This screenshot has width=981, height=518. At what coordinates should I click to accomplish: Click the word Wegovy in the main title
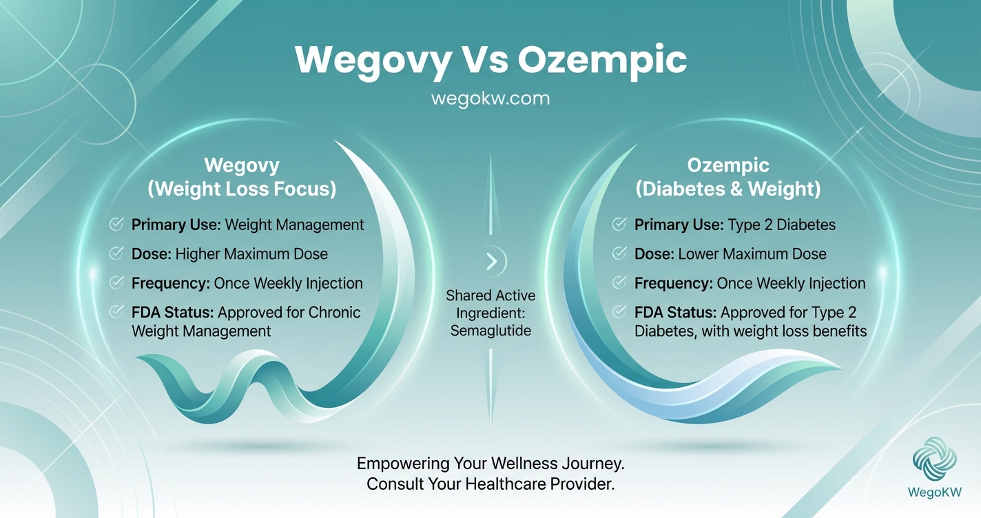pos(371,61)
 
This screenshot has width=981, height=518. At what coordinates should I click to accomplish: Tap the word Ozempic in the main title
pos(602,61)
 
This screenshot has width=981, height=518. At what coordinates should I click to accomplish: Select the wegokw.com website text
pos(490,98)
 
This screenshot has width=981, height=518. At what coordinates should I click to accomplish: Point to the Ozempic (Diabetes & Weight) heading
pos(728,177)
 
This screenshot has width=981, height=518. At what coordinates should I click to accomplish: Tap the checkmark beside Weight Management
pos(116,224)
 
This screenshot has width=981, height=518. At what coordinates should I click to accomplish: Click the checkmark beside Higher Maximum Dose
pos(116,253)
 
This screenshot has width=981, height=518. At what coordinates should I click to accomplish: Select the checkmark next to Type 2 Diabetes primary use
pos(619,224)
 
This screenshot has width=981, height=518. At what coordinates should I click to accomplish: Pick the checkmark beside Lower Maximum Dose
pos(619,253)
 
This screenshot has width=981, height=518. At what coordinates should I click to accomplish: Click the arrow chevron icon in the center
pos(491,261)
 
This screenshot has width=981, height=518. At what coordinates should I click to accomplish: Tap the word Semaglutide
pos(490,331)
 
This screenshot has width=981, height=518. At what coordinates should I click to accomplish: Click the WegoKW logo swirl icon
pos(934,459)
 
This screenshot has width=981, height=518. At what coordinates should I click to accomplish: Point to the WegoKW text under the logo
pos(934,492)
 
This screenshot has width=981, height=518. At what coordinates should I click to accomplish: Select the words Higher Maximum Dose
pos(251,253)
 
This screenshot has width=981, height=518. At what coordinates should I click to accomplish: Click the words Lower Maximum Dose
pos(752,253)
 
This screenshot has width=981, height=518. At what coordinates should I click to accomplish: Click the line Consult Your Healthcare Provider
pos(490,484)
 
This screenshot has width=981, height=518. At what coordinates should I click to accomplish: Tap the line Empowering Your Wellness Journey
pos(490,462)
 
